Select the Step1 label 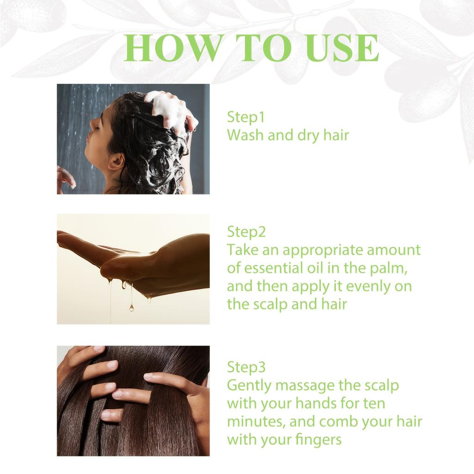[x=246, y=117]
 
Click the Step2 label [x=246, y=231]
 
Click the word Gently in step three [x=246, y=386]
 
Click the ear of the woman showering [x=116, y=161]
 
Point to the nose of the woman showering [x=90, y=124]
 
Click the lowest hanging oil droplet [x=131, y=307]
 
